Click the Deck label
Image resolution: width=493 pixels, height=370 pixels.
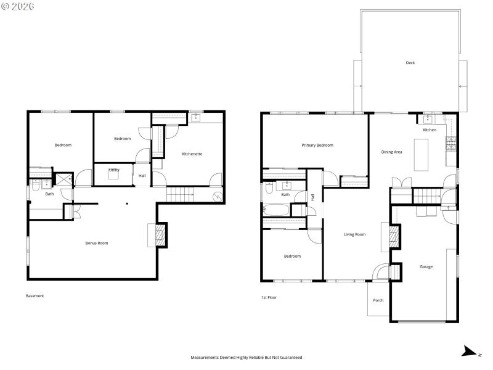(x=410, y=63)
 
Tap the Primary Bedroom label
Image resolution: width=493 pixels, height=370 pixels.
(x=317, y=146)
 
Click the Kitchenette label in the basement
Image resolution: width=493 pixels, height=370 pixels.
(x=192, y=154)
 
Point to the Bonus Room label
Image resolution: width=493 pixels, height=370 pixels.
(x=96, y=243)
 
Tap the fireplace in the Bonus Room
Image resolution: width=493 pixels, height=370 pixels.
(x=159, y=234)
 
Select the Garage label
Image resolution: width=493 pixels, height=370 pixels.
(x=426, y=267)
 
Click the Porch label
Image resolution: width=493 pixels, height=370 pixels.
(x=378, y=300)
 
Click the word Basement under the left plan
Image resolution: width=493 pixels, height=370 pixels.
(x=35, y=296)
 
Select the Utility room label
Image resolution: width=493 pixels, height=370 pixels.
(x=114, y=170)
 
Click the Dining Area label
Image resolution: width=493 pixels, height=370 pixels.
(x=391, y=152)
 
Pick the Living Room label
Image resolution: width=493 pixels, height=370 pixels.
(x=354, y=234)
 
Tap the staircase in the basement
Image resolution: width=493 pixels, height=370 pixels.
(x=180, y=193)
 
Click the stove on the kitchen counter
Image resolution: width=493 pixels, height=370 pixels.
(x=450, y=143)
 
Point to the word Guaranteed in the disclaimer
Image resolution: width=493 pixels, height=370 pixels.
(x=288, y=357)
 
